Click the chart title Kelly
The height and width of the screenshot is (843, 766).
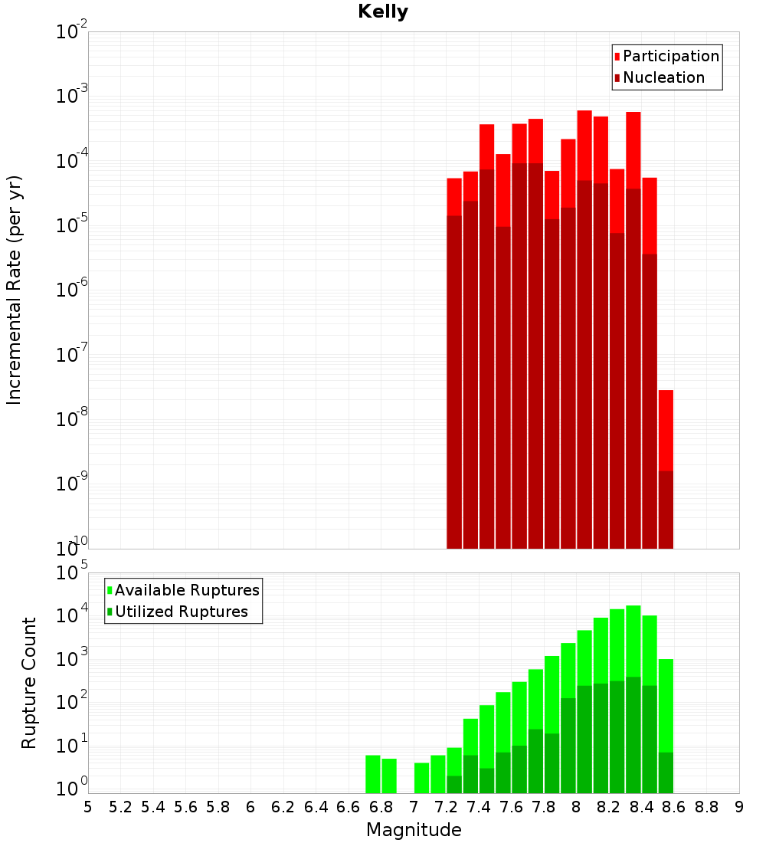[383, 12]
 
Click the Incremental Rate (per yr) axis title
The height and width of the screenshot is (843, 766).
[15, 290]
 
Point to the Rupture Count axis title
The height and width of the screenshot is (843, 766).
[29, 682]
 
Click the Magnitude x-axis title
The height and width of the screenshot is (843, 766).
[414, 830]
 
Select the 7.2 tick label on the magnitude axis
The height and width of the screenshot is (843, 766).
[446, 807]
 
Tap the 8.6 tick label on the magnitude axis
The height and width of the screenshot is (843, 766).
[674, 807]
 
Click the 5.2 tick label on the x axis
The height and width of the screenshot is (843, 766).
[120, 807]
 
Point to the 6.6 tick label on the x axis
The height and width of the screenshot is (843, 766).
[349, 807]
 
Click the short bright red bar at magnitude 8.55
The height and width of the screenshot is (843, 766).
[666, 429]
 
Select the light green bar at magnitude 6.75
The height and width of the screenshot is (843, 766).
[373, 774]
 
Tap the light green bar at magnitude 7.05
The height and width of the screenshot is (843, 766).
[422, 778]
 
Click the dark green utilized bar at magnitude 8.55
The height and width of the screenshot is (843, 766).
[666, 772]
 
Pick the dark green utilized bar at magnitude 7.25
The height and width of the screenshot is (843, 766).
[454, 785]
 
